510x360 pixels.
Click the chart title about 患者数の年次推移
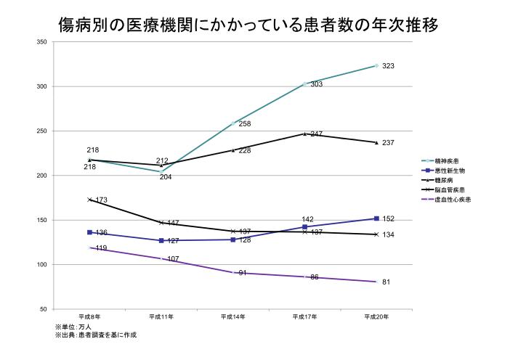[x=248, y=25]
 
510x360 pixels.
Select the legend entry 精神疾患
[x=446, y=160]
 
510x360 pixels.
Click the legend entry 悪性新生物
[x=450, y=170]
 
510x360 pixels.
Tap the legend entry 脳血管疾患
[x=450, y=189]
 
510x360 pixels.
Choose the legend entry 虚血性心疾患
[x=452, y=199]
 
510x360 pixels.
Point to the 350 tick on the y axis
[x=41, y=42]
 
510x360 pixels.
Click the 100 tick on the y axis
[x=41, y=265]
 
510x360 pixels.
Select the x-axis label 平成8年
[x=89, y=317]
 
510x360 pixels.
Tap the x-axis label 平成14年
[x=232, y=317]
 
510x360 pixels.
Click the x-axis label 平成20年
[x=376, y=317]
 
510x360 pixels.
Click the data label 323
[x=388, y=67]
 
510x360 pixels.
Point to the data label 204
[x=166, y=177]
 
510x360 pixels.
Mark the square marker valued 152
[x=376, y=218]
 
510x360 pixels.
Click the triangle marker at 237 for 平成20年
[x=376, y=142]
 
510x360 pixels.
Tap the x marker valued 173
[x=89, y=200]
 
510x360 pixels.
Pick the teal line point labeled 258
[x=232, y=123]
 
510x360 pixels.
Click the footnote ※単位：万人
[x=73, y=327]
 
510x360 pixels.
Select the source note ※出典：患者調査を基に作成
[x=96, y=335]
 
